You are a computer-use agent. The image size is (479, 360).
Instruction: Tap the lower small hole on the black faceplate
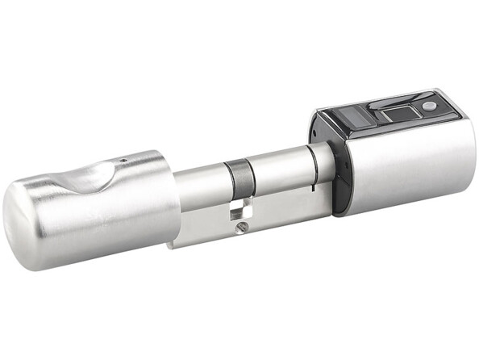[339, 190]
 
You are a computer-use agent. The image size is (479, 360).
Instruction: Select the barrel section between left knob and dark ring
[200, 190]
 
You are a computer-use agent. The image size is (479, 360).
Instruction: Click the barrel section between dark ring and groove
[278, 174]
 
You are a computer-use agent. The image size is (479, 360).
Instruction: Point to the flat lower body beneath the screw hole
[242, 237]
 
